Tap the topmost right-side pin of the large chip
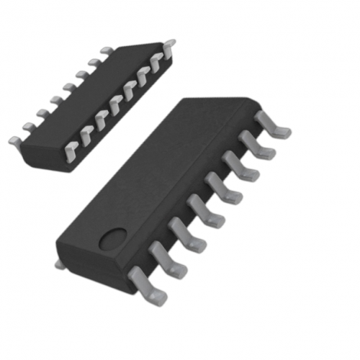[273, 124]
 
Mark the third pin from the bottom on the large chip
[182, 233]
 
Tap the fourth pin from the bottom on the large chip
[201, 209]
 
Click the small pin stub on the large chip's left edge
[60, 263]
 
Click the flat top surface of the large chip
[169, 176]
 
